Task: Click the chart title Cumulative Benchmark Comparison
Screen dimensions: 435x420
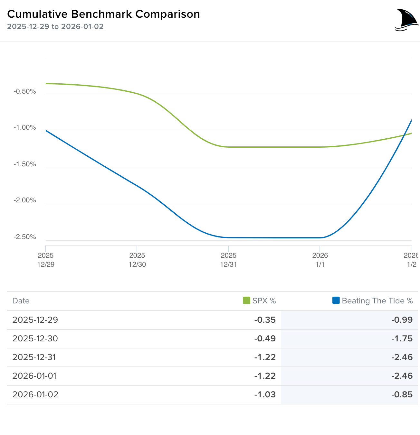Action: click(x=103, y=14)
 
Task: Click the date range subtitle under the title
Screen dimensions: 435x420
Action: click(x=55, y=27)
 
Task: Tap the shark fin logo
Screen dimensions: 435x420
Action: click(x=406, y=20)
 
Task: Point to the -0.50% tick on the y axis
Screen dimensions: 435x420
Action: click(x=25, y=91)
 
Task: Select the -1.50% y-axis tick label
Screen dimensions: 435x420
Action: click(x=25, y=164)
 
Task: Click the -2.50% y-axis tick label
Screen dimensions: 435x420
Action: click(x=25, y=237)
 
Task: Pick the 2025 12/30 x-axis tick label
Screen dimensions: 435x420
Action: click(x=137, y=260)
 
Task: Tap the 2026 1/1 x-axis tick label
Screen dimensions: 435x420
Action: click(x=320, y=260)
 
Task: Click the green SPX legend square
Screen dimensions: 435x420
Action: click(x=246, y=301)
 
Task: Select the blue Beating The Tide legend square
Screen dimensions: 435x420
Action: click(x=336, y=301)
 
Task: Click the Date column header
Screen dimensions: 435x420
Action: click(x=21, y=301)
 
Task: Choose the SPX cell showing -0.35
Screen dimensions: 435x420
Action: click(x=265, y=320)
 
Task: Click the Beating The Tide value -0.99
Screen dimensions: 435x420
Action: click(x=402, y=320)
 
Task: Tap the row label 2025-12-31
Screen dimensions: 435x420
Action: click(x=34, y=357)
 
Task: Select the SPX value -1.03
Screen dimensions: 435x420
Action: click(x=265, y=394)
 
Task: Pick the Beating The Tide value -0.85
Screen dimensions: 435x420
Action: click(x=402, y=394)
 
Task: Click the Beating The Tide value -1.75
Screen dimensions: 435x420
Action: click(x=402, y=338)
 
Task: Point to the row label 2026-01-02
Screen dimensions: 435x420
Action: click(x=35, y=394)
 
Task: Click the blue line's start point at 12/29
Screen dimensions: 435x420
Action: click(x=46, y=131)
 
